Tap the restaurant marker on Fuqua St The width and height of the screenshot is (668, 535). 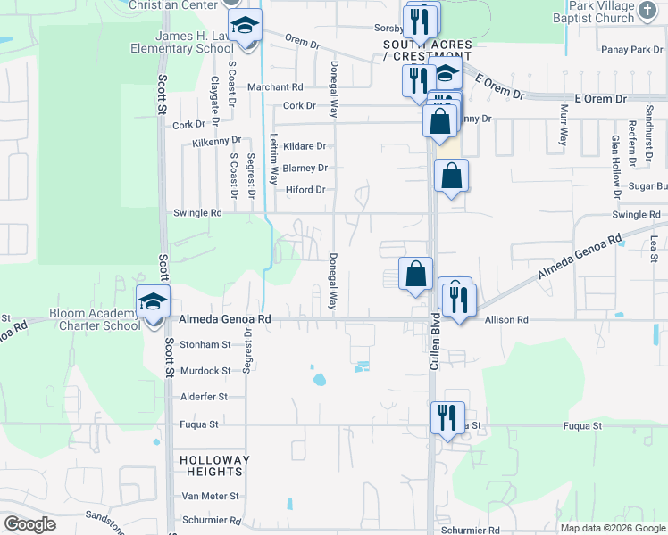(447, 416)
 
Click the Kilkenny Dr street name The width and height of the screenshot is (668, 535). (217, 141)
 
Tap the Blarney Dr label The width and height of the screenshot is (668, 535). (305, 168)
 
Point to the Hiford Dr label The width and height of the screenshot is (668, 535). (305, 190)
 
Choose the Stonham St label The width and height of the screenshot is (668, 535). (205, 343)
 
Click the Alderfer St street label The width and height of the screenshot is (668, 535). (205, 396)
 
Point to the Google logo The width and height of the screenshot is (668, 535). (29, 524)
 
